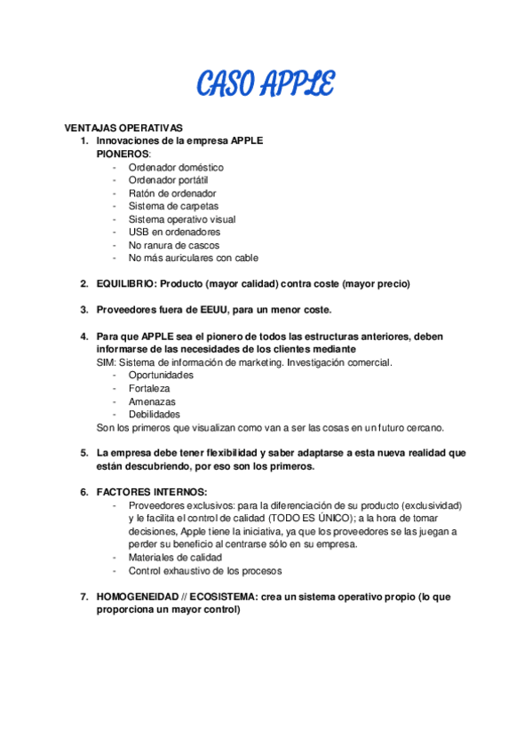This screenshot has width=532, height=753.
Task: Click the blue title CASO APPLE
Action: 266,85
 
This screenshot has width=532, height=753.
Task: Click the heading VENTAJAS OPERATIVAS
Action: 123,128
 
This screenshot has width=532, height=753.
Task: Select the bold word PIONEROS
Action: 123,154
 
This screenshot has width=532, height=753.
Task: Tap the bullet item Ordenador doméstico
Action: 176,167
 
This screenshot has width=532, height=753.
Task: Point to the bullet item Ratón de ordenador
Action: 172,193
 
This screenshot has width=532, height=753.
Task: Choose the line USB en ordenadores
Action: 174,232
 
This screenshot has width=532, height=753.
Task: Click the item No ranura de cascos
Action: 174,245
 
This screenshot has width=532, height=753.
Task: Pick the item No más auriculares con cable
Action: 193,258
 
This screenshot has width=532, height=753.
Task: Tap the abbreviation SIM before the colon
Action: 105,362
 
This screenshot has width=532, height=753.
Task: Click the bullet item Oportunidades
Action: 161,375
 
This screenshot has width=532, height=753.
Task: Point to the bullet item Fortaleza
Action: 149,388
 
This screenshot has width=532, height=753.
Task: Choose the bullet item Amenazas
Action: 152,401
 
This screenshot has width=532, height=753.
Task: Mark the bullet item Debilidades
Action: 155,414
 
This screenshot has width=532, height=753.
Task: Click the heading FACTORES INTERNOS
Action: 151,492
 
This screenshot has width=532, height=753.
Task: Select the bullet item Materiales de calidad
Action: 175,558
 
